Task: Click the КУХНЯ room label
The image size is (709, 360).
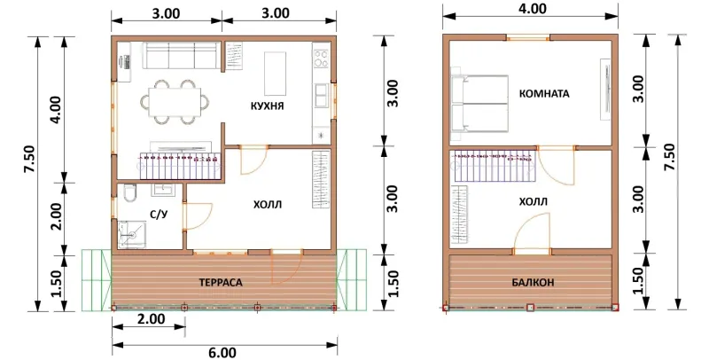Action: pyautogui.click(x=268, y=106)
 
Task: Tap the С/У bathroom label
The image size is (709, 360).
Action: pyautogui.click(x=159, y=214)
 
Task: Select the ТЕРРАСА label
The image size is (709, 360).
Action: pyautogui.click(x=221, y=283)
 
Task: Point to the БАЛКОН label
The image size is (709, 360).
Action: pyautogui.click(x=534, y=283)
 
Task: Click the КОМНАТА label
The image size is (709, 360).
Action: pyautogui.click(x=544, y=94)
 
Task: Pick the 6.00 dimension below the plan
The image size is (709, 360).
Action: pyautogui.click(x=223, y=353)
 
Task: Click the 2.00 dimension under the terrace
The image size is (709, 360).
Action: pyautogui.click(x=151, y=319)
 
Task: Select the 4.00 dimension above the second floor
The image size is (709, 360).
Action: pyautogui.click(x=533, y=9)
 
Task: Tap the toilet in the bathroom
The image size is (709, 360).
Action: pyautogui.click(x=129, y=194)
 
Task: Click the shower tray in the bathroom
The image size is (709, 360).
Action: pyautogui.click(x=132, y=234)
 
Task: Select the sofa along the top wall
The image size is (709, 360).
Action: pyautogui.click(x=182, y=55)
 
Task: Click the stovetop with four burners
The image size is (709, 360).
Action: pyautogui.click(x=322, y=59)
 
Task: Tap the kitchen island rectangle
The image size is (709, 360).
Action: pyautogui.click(x=275, y=73)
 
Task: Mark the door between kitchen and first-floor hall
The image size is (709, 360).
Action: pyautogui.click(x=253, y=160)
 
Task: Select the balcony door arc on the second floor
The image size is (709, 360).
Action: pyautogui.click(x=533, y=229)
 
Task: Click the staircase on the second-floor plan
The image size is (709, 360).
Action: pyautogui.click(x=495, y=166)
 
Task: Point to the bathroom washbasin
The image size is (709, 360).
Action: pyautogui.click(x=162, y=189)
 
